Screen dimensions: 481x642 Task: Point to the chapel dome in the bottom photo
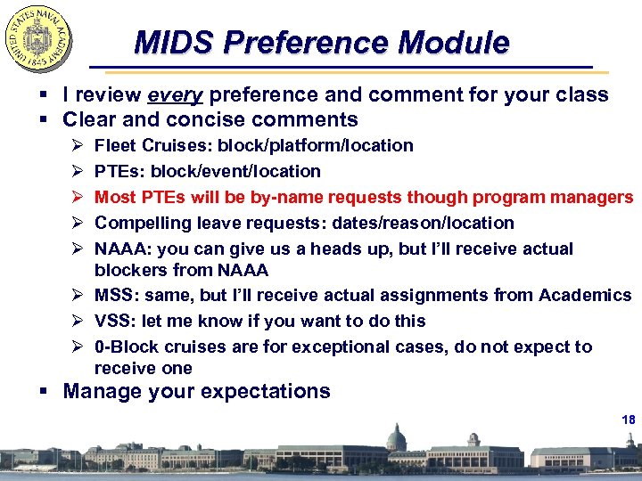395,436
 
